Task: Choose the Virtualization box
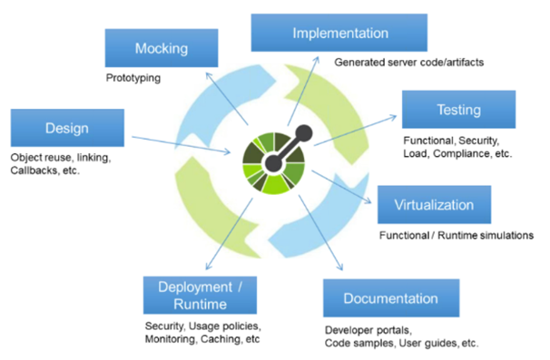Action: point(433,204)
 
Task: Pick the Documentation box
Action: point(390,298)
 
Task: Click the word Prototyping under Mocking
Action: point(133,78)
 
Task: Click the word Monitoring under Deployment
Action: point(176,338)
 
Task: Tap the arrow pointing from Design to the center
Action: point(182,145)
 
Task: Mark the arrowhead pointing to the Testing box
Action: point(397,116)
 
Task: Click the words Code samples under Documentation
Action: point(363,344)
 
